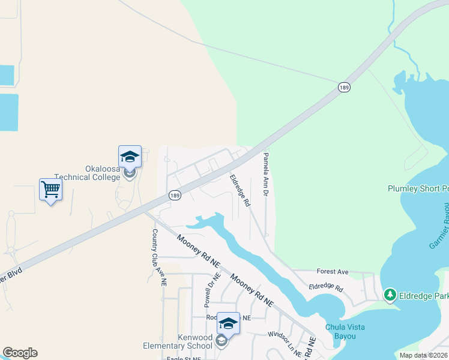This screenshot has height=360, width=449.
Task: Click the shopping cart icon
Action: [51, 190]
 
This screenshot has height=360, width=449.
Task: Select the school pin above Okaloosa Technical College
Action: [130, 157]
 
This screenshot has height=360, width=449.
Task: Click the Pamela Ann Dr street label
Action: [265, 175]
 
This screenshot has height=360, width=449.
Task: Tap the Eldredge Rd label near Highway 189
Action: [240, 191]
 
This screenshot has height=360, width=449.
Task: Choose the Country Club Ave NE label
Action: [158, 258]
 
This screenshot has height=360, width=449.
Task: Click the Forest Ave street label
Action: [333, 271]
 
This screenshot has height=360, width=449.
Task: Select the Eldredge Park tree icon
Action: [390, 295]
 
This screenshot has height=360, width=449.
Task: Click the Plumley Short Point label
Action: [418, 189]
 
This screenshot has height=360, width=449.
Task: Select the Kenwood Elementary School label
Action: [178, 341]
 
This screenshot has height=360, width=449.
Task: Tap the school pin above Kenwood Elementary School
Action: [228, 323]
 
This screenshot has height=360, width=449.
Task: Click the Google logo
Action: [20, 353]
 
